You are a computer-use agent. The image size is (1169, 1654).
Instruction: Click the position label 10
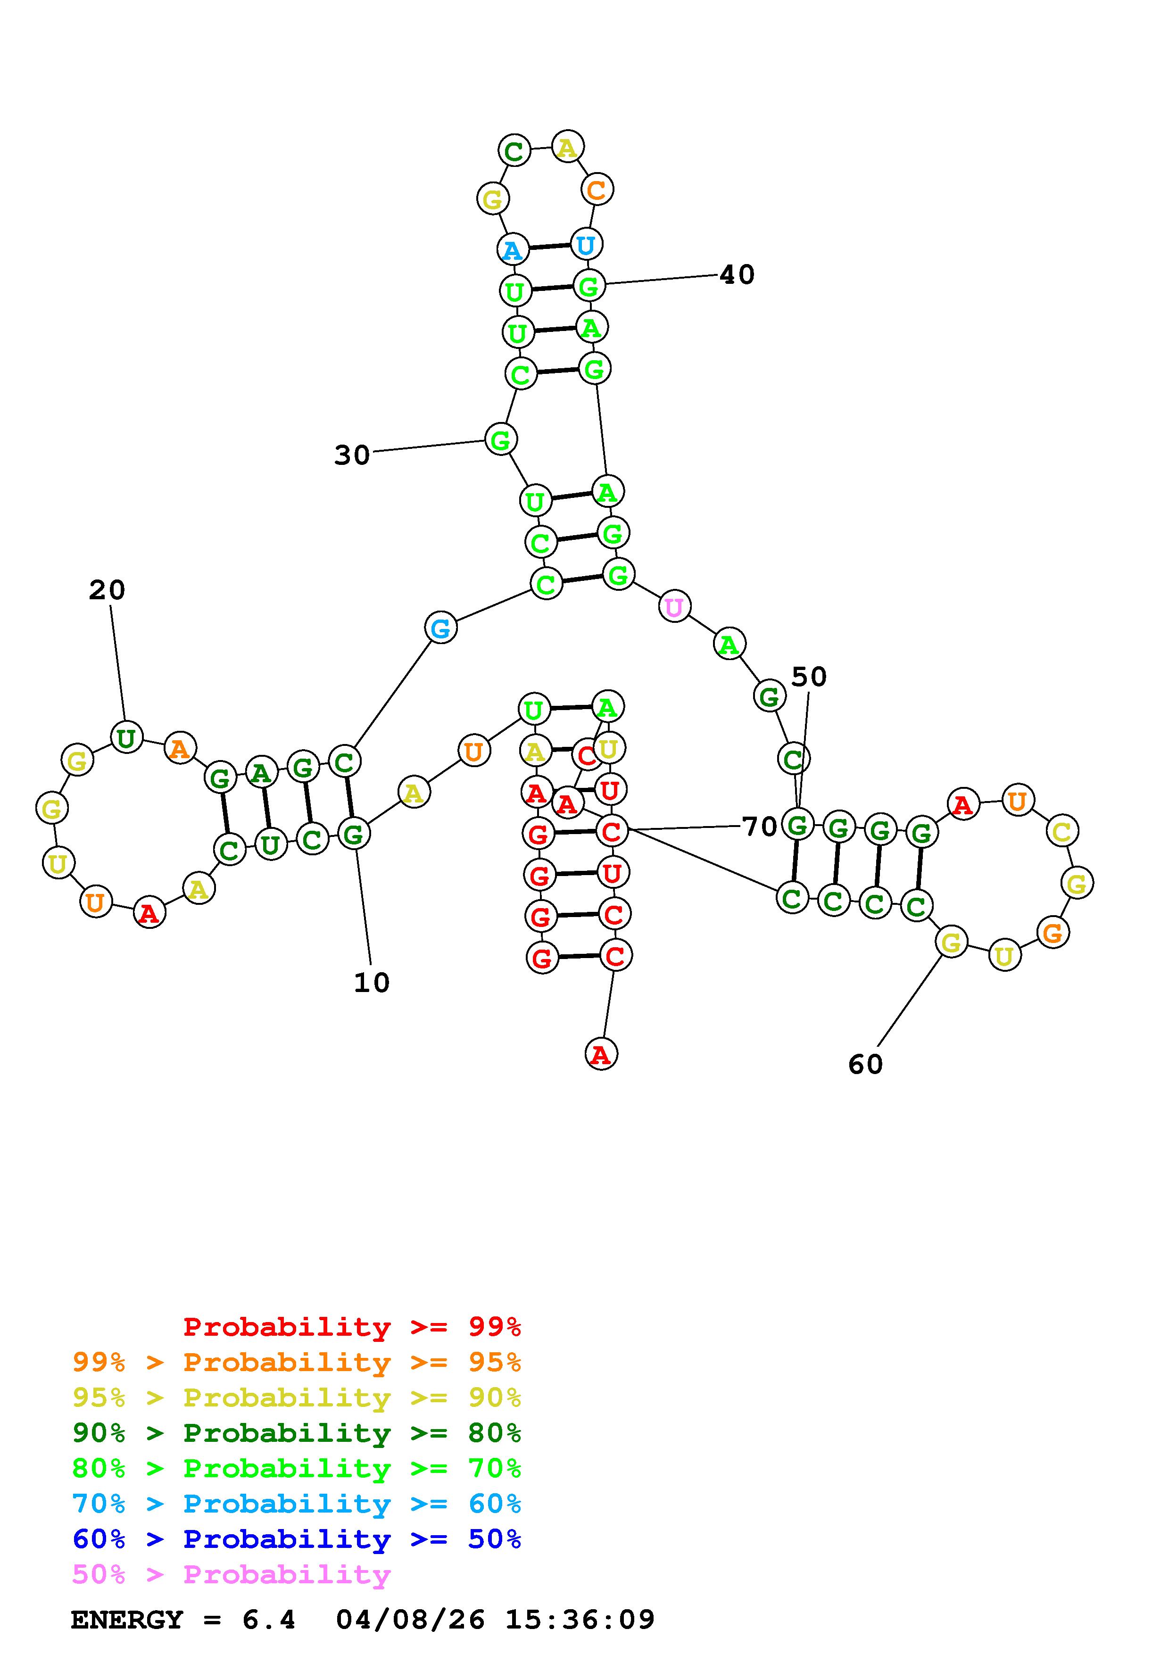pyautogui.click(x=372, y=983)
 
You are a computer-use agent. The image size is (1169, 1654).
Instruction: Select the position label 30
pyautogui.click(x=351, y=455)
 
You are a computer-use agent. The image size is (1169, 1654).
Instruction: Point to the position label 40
pyautogui.click(x=737, y=274)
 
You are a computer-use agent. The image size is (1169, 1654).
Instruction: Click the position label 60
pyautogui.click(x=865, y=1065)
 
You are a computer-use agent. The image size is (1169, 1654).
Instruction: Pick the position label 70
pyautogui.click(x=759, y=826)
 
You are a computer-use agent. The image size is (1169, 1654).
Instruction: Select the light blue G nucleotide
pyautogui.click(x=441, y=628)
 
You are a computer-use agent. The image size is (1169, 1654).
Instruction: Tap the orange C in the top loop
pyautogui.click(x=597, y=190)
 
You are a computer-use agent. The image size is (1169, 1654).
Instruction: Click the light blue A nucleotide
pyautogui.click(x=512, y=250)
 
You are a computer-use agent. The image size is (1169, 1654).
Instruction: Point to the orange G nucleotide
pyautogui.click(x=1053, y=934)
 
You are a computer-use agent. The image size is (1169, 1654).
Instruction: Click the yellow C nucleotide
pyautogui.click(x=1061, y=831)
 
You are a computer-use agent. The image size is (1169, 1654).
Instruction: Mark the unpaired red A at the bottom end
pyautogui.click(x=601, y=1055)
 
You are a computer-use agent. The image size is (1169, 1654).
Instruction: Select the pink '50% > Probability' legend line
pyautogui.click(x=232, y=1575)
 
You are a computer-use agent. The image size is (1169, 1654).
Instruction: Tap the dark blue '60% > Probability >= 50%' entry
pyautogui.click(x=297, y=1539)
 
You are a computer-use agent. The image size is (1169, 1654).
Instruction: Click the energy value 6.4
pyautogui.click(x=269, y=1620)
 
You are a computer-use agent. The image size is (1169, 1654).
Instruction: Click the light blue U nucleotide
pyautogui.click(x=586, y=245)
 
